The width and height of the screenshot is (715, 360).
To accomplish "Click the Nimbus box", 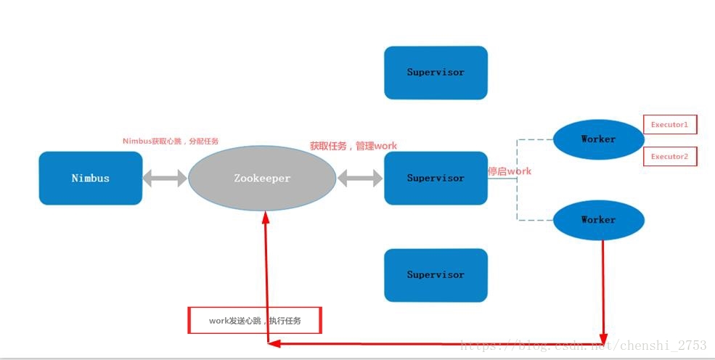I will point(91,178).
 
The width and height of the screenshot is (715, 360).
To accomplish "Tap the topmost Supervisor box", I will point(436,73).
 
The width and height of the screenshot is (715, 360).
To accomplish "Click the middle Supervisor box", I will point(436,178).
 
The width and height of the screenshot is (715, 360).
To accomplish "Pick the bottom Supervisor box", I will point(436,275).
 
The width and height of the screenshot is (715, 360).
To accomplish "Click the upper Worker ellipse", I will point(598,139).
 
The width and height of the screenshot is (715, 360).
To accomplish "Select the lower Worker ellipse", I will point(598,220).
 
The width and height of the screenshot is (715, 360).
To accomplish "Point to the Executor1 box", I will point(669,125).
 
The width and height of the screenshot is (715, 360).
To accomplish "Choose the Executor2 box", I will point(669,157).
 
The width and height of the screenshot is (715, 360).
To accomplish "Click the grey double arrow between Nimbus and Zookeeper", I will point(165,179).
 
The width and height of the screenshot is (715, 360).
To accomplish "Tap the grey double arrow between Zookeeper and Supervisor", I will point(360,179).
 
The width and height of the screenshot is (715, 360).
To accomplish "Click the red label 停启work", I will point(510,171).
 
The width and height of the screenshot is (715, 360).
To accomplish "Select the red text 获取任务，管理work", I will point(354,146).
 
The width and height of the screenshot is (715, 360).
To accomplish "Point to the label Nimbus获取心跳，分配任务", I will point(171,141).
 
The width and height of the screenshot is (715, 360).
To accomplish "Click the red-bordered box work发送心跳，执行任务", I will point(255,320).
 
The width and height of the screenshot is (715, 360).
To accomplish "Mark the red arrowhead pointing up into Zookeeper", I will point(266,217).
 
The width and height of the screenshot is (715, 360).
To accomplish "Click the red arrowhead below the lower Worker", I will point(603,337).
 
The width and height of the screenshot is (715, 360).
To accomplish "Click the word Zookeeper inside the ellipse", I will point(262,179).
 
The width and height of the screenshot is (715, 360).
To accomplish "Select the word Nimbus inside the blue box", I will point(91,178).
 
